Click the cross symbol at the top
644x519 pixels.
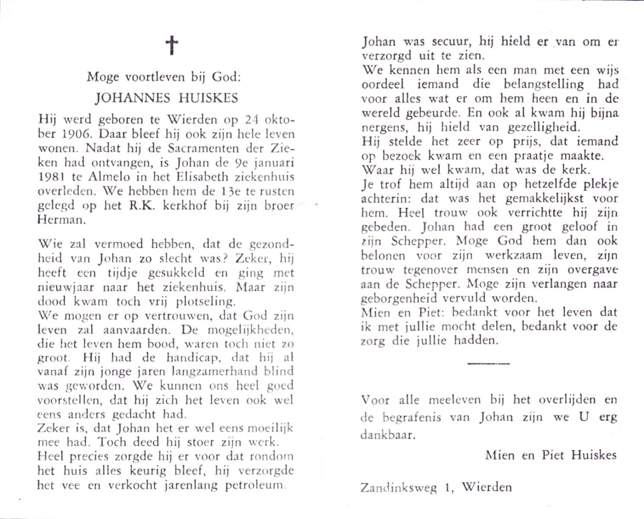point(172,45)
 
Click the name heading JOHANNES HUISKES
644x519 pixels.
point(167,98)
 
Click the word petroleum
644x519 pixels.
point(254,485)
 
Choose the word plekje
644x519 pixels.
point(599,184)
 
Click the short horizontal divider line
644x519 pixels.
point(488,363)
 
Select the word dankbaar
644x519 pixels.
point(387,435)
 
